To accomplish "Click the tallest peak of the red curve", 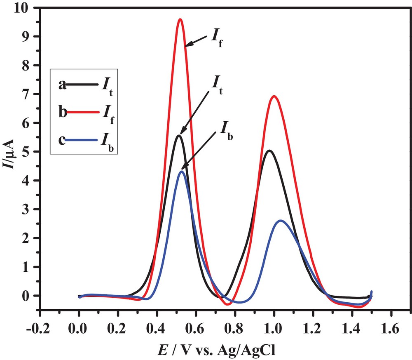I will tap(180, 19).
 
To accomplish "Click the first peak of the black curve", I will tap(179, 136).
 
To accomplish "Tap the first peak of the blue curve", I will tap(182, 172).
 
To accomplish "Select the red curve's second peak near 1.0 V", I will tap(274, 96).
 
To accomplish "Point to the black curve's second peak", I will tap(269, 151).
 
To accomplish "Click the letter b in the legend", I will tap(63, 112).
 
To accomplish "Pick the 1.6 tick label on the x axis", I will tap(390, 329).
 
